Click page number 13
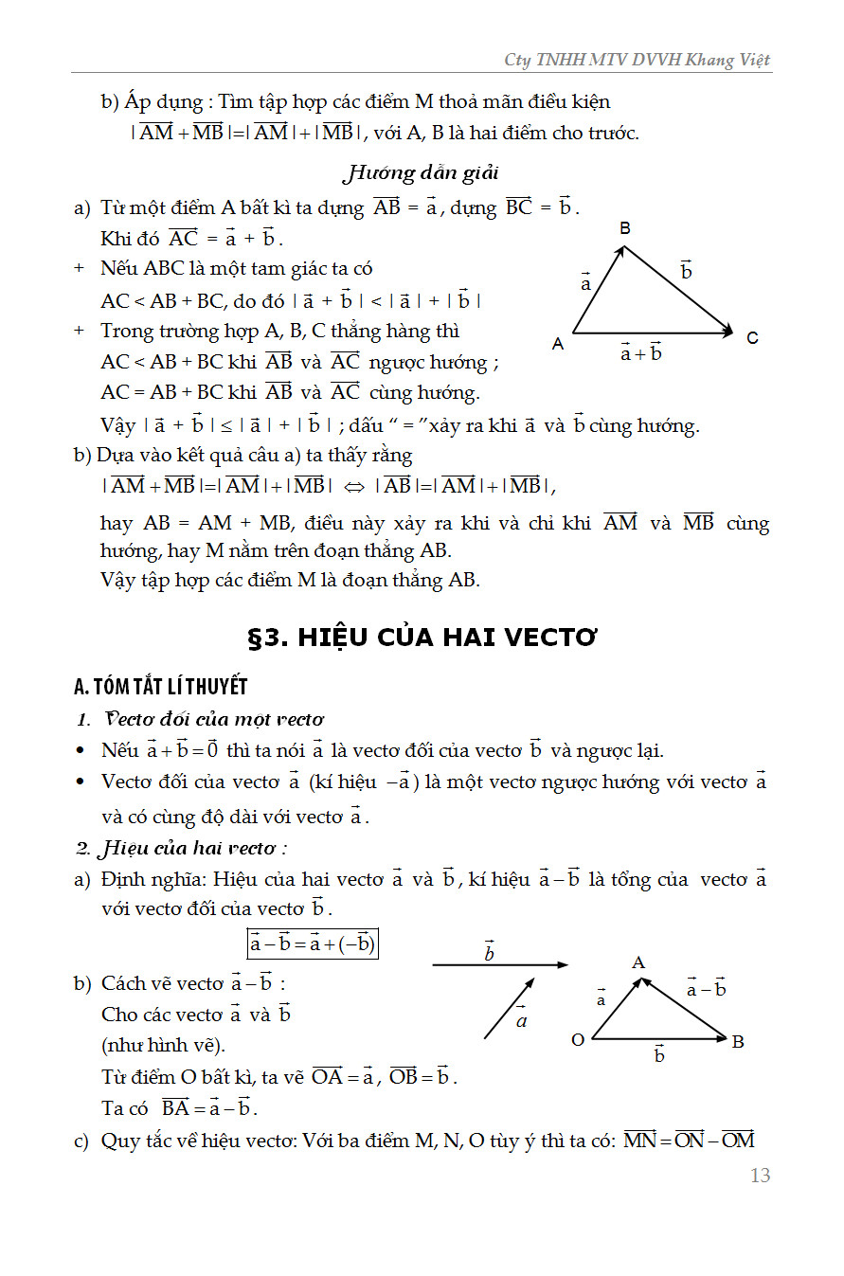tap(760, 1176)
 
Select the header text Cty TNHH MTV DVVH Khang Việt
tap(637, 60)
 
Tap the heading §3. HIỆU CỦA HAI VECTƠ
tap(422, 638)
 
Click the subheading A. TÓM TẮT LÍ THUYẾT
tap(160, 686)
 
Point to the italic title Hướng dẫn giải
tap(420, 172)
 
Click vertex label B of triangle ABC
tap(625, 228)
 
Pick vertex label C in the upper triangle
tap(752, 338)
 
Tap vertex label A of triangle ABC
tap(558, 344)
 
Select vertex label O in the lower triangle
tap(577, 1040)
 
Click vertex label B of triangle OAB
tap(738, 1042)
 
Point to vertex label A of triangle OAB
tap(637, 963)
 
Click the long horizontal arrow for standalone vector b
tap(499, 965)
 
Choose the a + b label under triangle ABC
tap(640, 352)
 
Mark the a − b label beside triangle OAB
tap(706, 989)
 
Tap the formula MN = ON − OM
tap(689, 1140)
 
